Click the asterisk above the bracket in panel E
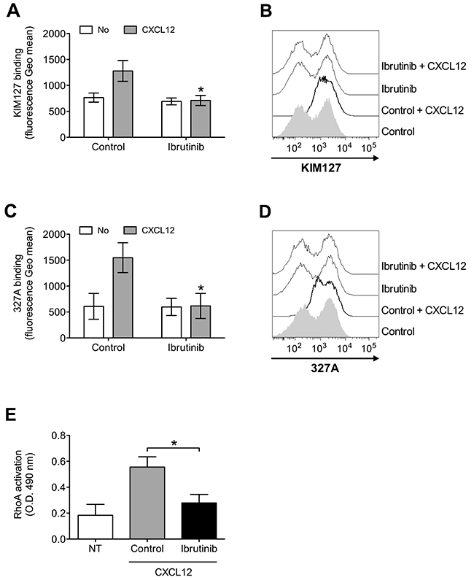(174, 442)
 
